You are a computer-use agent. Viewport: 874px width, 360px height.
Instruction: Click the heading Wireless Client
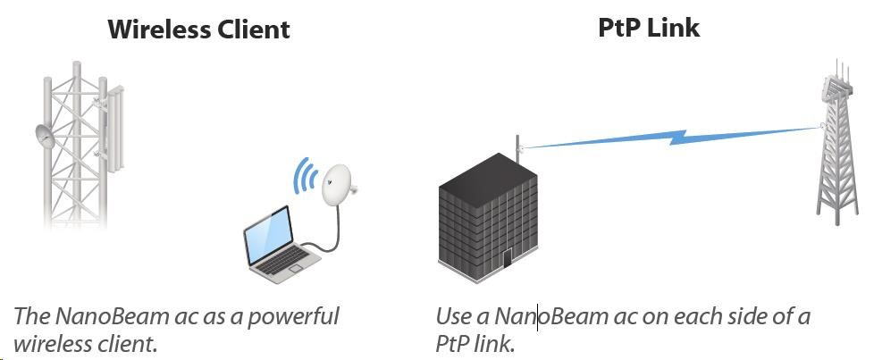pos(198,29)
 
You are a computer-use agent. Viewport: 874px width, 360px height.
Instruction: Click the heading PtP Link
pos(648,28)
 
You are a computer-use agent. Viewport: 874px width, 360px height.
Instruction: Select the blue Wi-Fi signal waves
pos(306,176)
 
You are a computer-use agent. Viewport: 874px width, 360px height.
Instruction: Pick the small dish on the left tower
pos(46,137)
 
